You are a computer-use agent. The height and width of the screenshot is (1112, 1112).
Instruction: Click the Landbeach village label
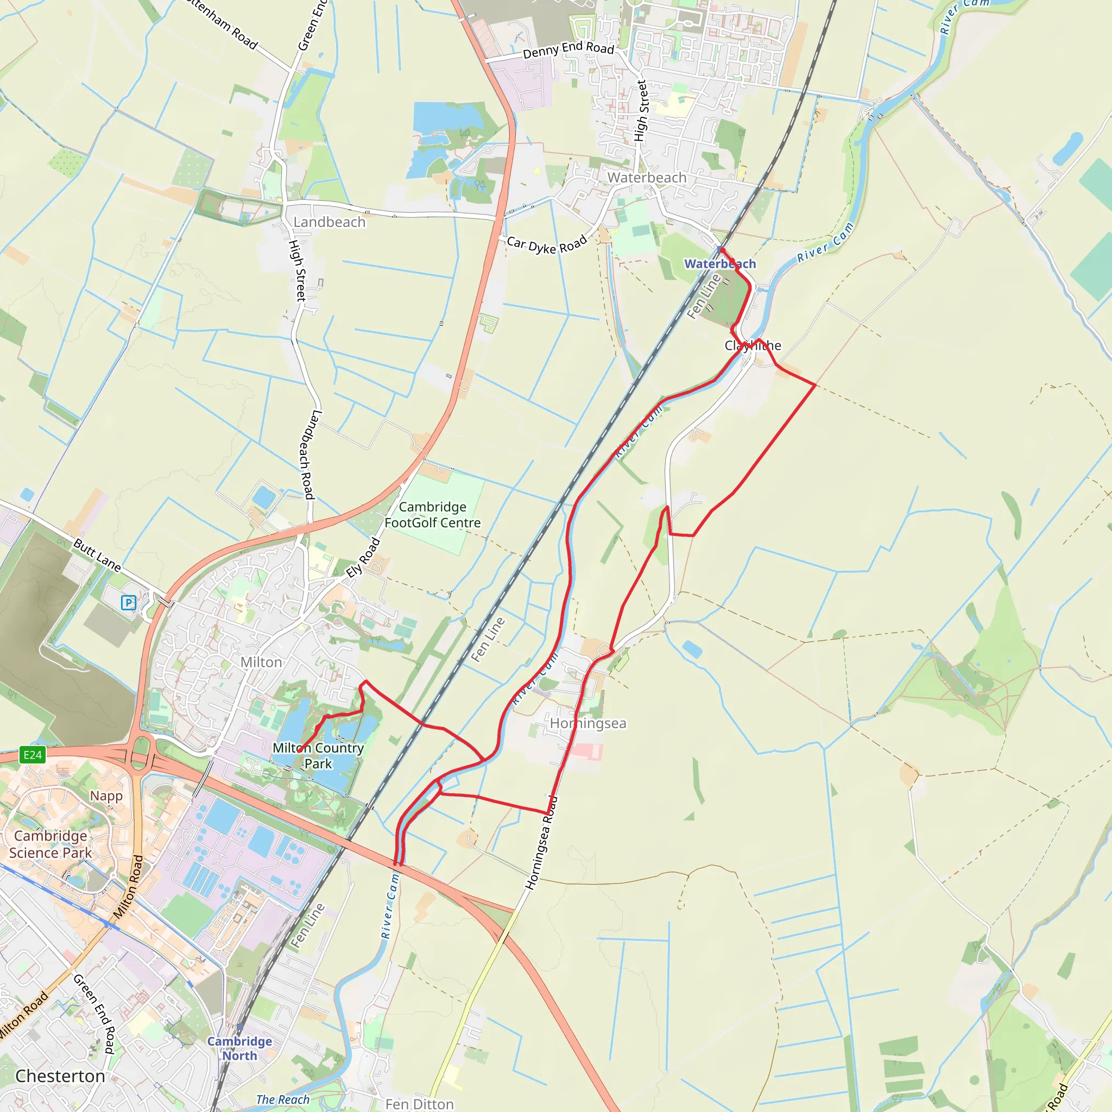pos(329,222)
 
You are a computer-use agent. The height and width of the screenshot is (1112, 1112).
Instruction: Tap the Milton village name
pos(261,662)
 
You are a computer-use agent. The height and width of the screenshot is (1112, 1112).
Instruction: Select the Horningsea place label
pos(587,723)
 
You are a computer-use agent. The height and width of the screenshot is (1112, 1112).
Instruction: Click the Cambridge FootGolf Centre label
pos(432,515)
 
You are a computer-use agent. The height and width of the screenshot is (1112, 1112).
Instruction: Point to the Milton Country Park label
pos(318,755)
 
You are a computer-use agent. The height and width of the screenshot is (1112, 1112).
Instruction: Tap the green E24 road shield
pos(32,755)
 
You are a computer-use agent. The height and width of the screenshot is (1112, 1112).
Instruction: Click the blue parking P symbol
pos(128,603)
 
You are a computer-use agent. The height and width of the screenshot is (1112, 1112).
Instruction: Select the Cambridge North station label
pos(239,1048)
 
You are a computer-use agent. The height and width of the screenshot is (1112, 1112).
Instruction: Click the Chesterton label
pos(60,1076)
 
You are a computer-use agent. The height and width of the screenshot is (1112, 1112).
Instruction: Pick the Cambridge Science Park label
pos(50,844)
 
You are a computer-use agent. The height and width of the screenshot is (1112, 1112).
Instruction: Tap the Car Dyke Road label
pos(547,244)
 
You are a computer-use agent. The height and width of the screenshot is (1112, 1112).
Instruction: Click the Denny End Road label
pos(568,50)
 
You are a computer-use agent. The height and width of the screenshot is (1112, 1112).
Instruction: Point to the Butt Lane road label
pos(97,555)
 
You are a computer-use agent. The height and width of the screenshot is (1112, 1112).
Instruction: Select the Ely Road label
pos(363,557)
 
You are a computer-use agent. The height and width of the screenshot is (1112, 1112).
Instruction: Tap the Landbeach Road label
pos(306,454)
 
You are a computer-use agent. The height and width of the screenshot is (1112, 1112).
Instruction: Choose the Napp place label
pos(106,795)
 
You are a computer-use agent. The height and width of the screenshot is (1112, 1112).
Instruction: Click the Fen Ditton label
pos(419,1103)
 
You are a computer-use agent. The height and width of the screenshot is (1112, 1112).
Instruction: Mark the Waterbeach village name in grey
pos(647,178)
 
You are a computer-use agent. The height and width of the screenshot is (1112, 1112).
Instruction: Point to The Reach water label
pos(282,1100)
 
